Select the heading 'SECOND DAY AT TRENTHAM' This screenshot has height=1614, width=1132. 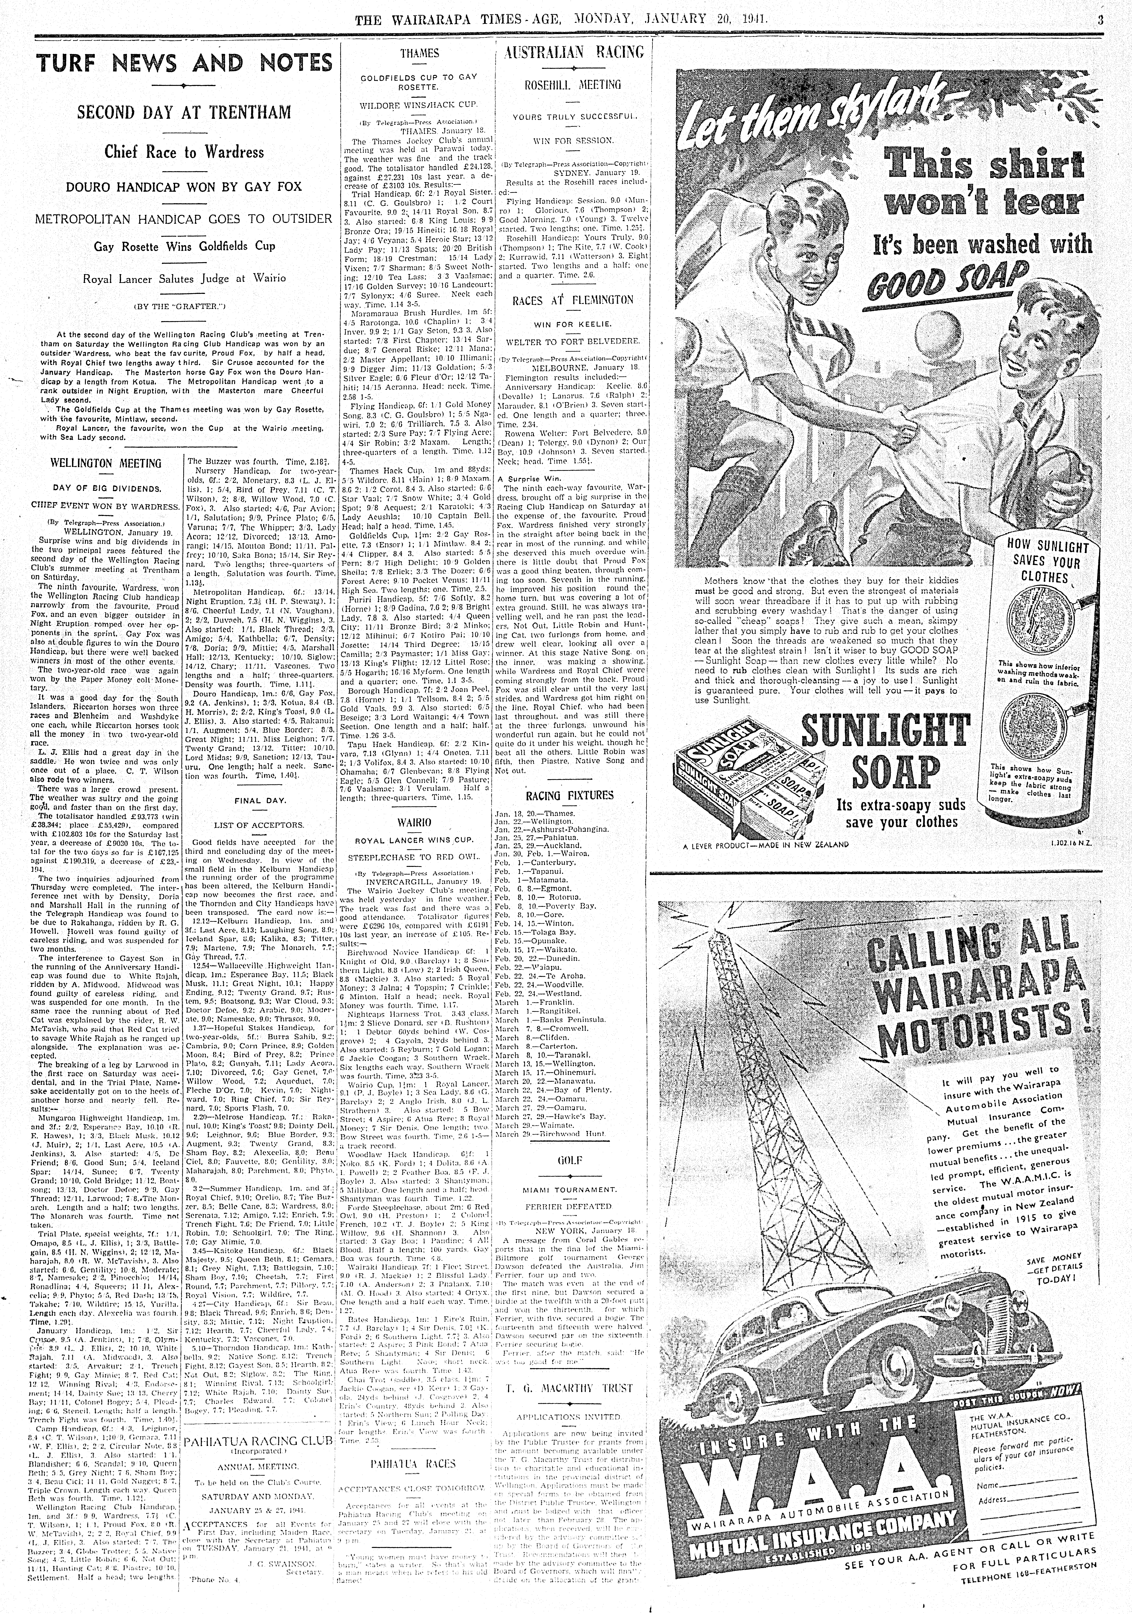[184, 113]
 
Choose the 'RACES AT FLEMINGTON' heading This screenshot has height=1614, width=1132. [573, 300]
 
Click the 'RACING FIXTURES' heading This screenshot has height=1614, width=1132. [569, 796]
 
